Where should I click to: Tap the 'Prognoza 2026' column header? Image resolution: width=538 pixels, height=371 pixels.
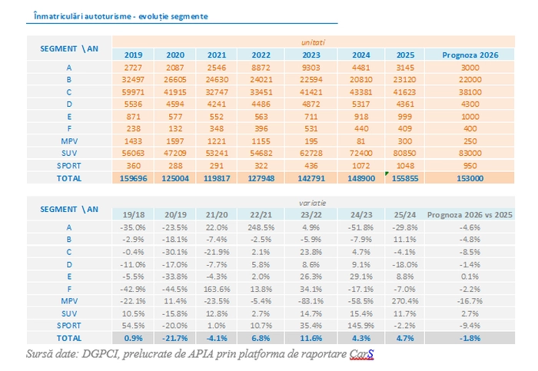point(467,55)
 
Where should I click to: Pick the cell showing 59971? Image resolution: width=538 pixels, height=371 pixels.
point(134,91)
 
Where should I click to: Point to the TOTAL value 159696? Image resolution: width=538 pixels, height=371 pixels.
point(134,177)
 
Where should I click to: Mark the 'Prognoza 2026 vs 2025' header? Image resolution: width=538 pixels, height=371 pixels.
point(467,214)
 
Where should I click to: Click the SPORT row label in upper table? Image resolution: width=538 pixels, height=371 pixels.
point(68,165)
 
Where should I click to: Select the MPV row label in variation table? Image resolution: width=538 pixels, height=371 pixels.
point(68,300)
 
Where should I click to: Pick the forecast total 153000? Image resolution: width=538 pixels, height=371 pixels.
point(467,177)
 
